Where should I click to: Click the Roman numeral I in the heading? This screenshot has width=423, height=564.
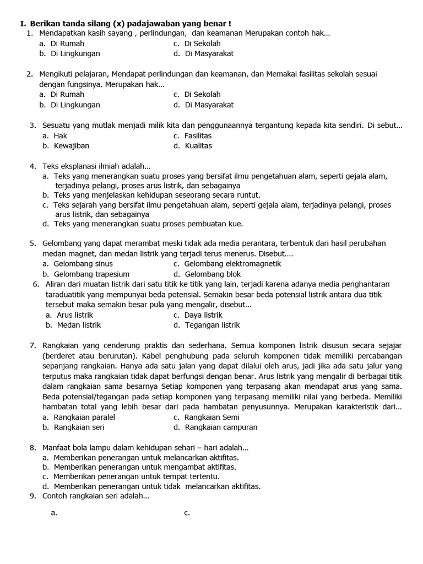pos(22,24)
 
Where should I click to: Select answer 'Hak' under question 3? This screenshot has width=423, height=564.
pos(61,135)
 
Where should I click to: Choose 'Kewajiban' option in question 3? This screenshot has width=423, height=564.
pos(71,146)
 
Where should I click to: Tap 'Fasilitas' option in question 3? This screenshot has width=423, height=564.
pos(198,135)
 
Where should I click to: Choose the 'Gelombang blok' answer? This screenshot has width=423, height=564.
pos(213,274)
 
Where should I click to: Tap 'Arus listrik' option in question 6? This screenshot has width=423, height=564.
pos(73,315)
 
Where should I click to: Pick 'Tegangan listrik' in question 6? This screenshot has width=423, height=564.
pos(212,325)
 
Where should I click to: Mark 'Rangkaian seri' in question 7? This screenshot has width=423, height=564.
pos(79,427)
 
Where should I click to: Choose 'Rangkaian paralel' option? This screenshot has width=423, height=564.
pos(84,417)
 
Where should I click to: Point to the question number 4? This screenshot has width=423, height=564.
pos(32,166)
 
